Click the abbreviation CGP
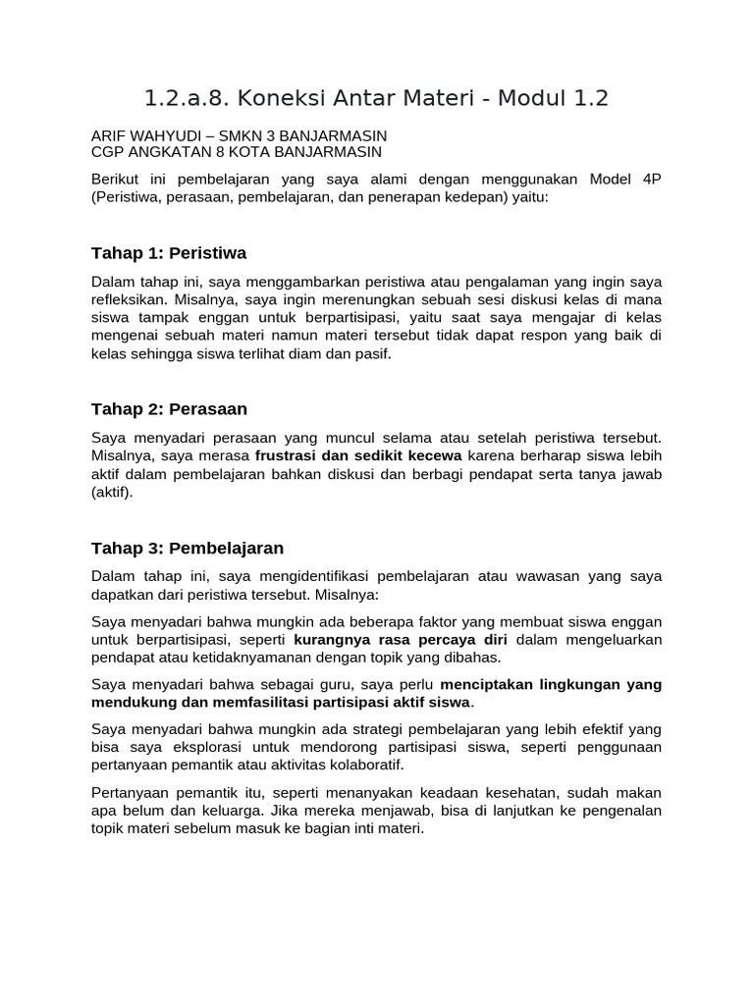pos(107,152)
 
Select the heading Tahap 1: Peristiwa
pos(168,253)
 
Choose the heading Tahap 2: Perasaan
pos(169,408)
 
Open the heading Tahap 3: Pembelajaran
pos(188,548)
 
